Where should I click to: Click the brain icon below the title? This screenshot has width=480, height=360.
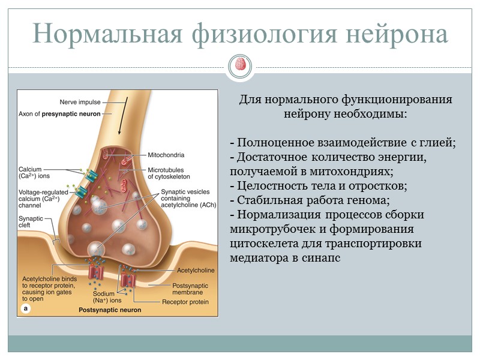(x=240, y=64)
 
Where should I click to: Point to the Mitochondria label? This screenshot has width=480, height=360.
(x=166, y=154)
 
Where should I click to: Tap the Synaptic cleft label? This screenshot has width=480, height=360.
(x=32, y=222)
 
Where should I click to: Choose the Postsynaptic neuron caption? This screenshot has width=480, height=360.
(x=110, y=310)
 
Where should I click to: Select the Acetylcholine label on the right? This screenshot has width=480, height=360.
(x=186, y=271)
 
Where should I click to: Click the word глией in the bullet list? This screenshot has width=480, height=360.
(x=435, y=142)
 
